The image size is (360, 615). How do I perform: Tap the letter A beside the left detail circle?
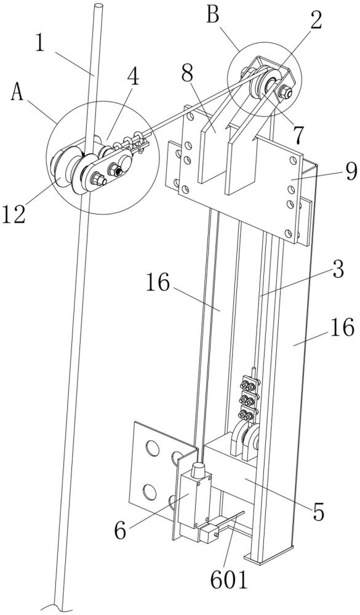point(17,94)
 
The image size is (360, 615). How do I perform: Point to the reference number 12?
point(14,214)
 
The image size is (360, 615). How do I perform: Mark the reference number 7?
point(298,135)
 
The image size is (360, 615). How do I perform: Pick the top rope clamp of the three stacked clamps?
point(249,386)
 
